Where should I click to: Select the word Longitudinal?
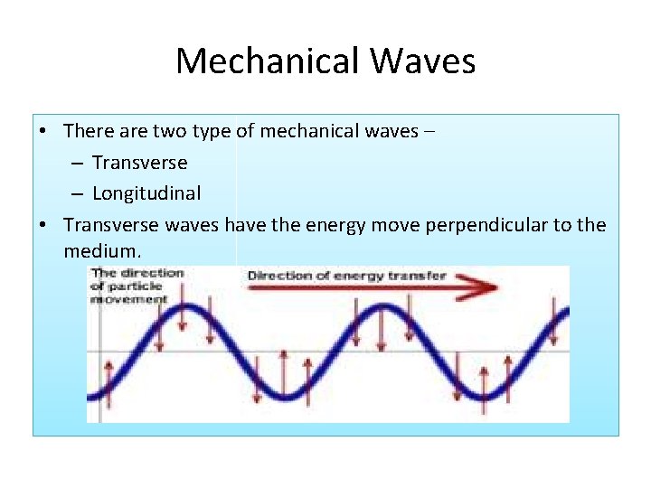[x=146, y=193]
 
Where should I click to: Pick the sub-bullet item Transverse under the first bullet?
[x=139, y=163]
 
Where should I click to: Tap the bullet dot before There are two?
[x=43, y=132]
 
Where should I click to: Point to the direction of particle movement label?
[x=137, y=285]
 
